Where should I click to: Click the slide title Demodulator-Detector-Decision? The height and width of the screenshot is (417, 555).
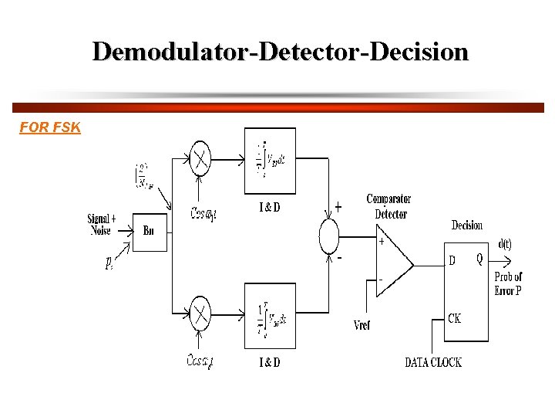280,52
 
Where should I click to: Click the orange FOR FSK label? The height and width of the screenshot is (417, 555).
50,127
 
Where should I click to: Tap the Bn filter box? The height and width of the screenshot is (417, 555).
149,231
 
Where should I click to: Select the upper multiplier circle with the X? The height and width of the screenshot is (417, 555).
200,159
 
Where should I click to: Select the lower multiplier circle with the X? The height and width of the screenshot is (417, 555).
200,313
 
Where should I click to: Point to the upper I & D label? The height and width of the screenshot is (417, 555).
269,208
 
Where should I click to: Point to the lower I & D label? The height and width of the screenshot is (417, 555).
269,362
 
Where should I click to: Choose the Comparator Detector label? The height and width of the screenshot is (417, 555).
388,206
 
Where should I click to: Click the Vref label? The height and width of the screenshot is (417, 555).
361,326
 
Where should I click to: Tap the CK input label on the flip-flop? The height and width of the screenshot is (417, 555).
455,318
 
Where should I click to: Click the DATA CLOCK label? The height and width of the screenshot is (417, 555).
433,362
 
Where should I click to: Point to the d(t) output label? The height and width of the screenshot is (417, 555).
505,245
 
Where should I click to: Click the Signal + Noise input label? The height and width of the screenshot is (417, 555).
102,225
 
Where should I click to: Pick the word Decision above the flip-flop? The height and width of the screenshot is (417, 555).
466,225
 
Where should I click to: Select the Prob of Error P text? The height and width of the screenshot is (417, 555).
508,283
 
